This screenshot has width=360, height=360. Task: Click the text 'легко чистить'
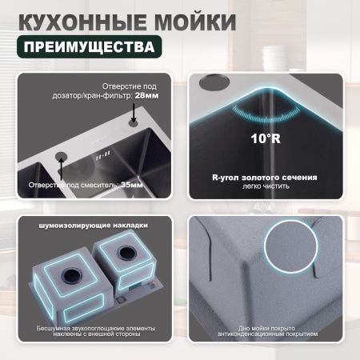point(263,186)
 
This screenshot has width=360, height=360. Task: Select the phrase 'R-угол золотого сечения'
point(263,176)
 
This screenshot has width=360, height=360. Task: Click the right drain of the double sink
point(126,256)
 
